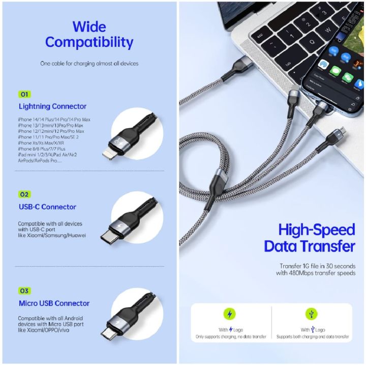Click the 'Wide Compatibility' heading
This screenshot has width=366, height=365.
[89, 34]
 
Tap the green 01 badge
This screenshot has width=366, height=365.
[24, 94]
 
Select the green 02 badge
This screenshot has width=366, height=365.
[24, 194]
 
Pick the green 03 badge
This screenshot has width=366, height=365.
[24, 291]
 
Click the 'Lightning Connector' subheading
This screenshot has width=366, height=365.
[52, 106]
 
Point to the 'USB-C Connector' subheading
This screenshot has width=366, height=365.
[47, 207]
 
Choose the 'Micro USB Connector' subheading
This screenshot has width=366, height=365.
[54, 303]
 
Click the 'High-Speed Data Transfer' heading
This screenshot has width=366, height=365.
[310, 238]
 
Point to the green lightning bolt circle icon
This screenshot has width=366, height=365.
[231, 314]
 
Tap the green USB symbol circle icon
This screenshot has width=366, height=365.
[311, 314]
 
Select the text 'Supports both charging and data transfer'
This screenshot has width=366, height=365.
[312, 337]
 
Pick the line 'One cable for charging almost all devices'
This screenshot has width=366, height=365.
[89, 64]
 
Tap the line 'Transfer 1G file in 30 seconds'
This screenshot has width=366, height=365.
[317, 266]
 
